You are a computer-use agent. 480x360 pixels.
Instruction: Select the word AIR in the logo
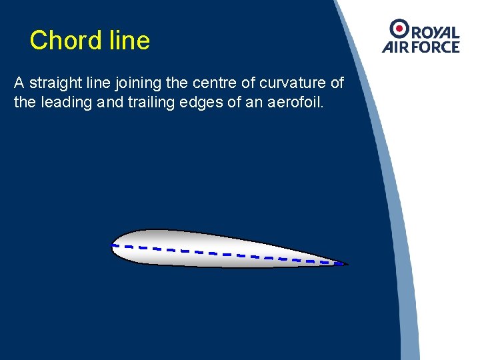point(395,47)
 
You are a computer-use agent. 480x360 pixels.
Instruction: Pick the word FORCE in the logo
point(434,47)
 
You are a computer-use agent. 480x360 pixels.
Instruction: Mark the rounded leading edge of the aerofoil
point(113,245)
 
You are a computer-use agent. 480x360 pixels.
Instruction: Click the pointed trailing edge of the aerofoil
point(344,264)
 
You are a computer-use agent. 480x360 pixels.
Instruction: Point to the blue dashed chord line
point(227,253)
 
